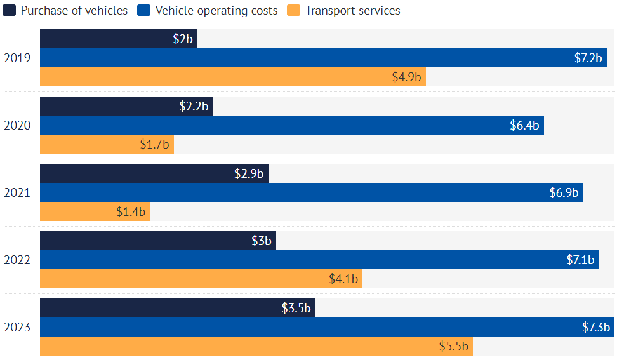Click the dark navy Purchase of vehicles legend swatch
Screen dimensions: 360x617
[x=9, y=11]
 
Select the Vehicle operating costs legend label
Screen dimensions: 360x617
[x=216, y=11]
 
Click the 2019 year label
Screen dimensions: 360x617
[x=17, y=58]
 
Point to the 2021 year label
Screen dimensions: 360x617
[x=17, y=192]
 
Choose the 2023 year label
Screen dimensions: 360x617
[x=17, y=328]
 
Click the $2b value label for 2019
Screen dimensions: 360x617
[x=183, y=39]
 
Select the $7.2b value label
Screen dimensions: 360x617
[x=588, y=58]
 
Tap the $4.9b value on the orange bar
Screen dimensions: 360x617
[x=406, y=77]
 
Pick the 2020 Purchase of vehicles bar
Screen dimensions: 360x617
[x=126, y=106]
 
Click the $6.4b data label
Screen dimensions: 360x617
[x=524, y=125]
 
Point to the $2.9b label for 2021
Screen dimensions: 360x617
[x=249, y=173]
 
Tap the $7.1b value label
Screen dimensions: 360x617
[x=580, y=260]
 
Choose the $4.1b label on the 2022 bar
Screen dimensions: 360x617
[x=343, y=279]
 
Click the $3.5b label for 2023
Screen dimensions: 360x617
[x=296, y=308]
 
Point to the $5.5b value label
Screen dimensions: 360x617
[x=453, y=347]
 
